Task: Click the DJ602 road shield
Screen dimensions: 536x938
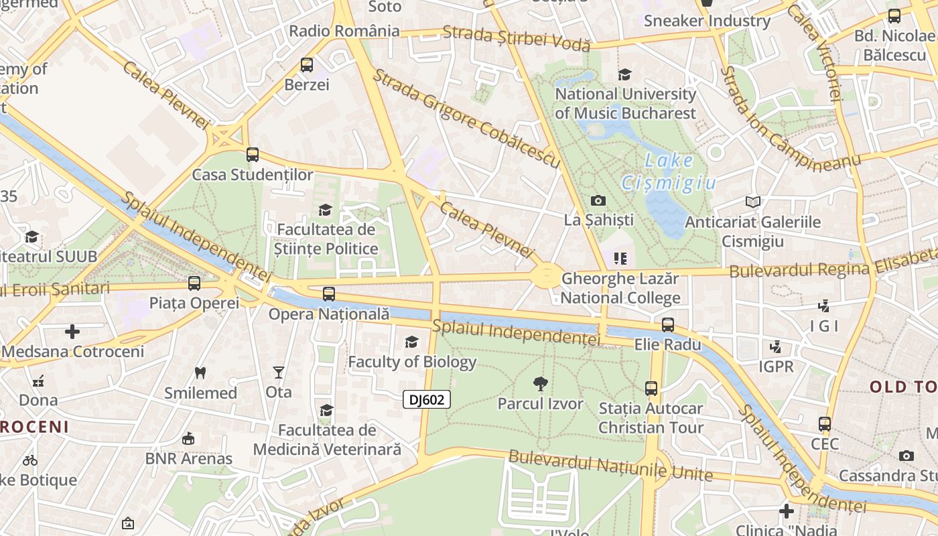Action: tap(427, 400)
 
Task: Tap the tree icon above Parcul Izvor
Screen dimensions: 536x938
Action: tap(541, 384)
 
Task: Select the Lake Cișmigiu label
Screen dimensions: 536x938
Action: tap(669, 172)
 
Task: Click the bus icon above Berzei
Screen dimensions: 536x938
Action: tap(307, 65)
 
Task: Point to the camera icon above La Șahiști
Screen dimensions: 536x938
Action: tap(598, 200)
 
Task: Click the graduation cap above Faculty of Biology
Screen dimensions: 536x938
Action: tap(411, 342)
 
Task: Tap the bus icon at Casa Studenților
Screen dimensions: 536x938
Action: tap(253, 155)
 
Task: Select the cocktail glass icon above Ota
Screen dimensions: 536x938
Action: tap(279, 373)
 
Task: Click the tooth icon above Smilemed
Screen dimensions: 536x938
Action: tap(200, 373)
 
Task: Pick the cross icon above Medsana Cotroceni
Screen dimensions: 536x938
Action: tap(72, 332)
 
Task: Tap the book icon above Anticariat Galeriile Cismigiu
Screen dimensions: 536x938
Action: tap(753, 202)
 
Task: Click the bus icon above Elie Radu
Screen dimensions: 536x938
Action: tap(668, 325)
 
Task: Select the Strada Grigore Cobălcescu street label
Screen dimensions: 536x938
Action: tap(466, 118)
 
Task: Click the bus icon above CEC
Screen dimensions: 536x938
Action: tap(825, 424)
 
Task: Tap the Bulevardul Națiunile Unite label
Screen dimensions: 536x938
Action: tap(610, 466)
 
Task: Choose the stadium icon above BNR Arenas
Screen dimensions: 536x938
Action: tap(188, 439)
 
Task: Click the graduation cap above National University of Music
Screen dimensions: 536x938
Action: tap(625, 74)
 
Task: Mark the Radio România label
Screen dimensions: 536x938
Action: tap(344, 31)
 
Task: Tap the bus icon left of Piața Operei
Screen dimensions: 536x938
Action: tap(194, 283)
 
